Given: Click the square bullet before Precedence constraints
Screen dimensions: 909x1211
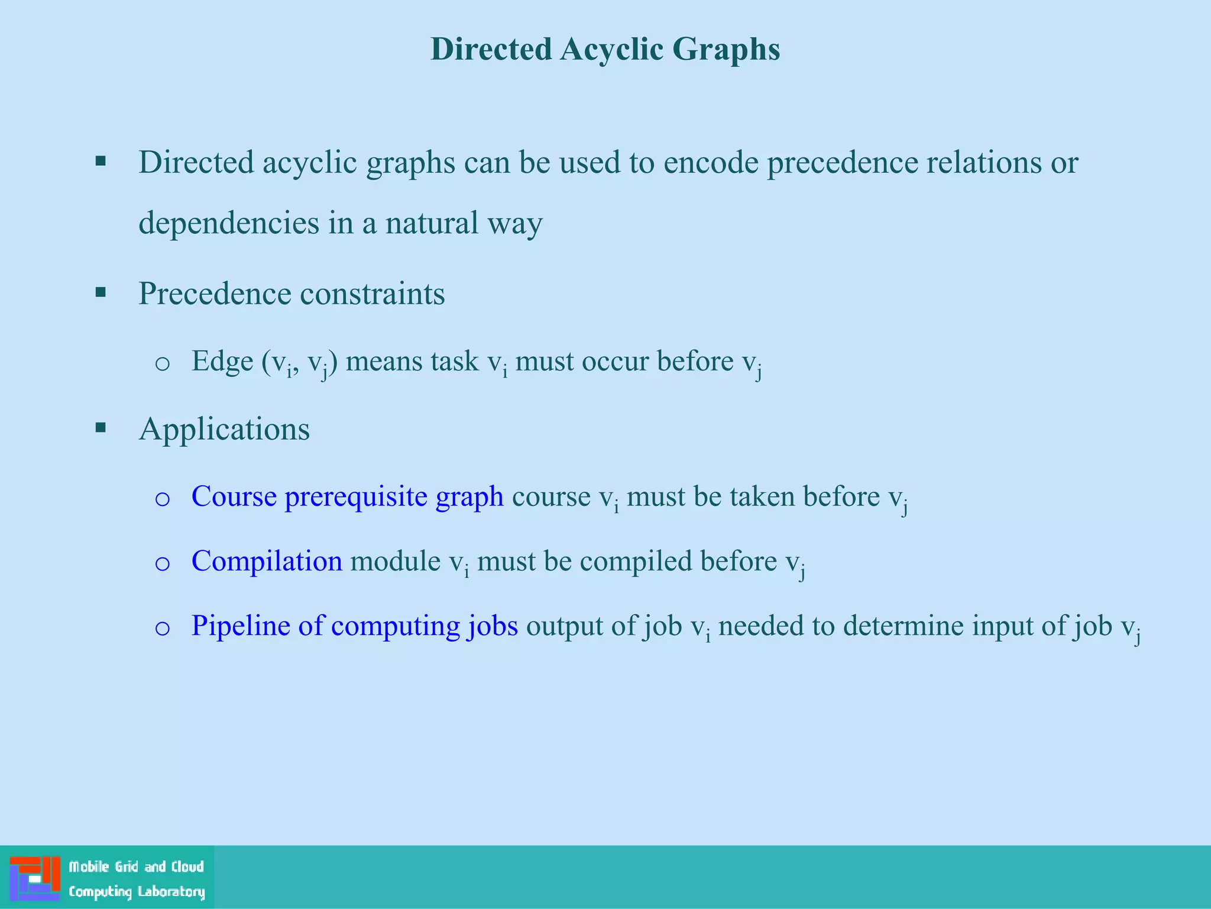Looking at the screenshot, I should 101,292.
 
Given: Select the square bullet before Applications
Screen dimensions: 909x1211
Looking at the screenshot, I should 101,427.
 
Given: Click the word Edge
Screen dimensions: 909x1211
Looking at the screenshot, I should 222,362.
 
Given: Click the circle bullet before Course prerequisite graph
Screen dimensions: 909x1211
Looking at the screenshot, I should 162,498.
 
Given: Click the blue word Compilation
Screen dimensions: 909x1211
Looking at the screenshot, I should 267,561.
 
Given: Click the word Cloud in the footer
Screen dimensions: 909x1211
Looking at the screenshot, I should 187,866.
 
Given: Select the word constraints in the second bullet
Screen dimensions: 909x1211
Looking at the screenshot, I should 372,294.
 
